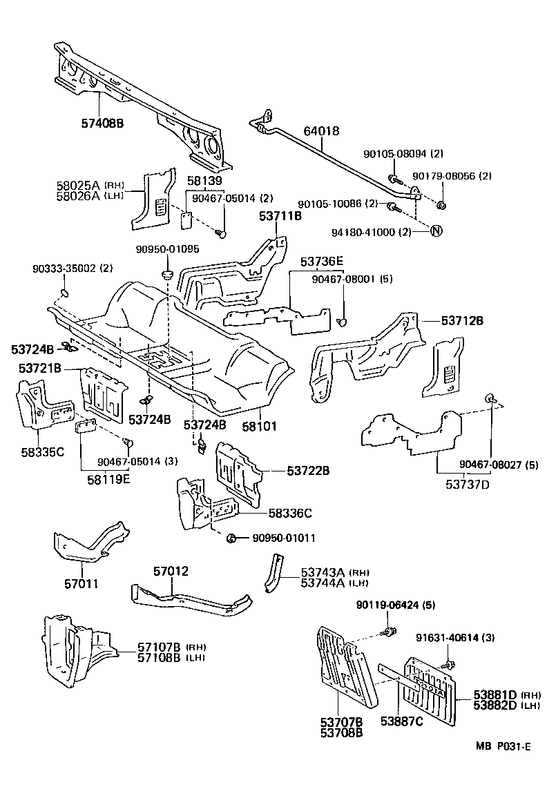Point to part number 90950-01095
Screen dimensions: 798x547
(x=167, y=249)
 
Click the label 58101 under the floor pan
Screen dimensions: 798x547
(x=259, y=427)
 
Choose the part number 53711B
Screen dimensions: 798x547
(x=280, y=217)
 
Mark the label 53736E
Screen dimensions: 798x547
(x=321, y=262)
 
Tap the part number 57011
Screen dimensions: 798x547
(x=81, y=583)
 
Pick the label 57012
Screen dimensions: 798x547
(x=171, y=572)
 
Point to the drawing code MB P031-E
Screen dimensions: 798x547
(x=502, y=746)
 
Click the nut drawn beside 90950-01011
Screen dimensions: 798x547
(x=232, y=538)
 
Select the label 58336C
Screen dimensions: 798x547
(x=289, y=513)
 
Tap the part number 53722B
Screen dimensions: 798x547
(x=308, y=471)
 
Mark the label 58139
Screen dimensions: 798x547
(x=204, y=181)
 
